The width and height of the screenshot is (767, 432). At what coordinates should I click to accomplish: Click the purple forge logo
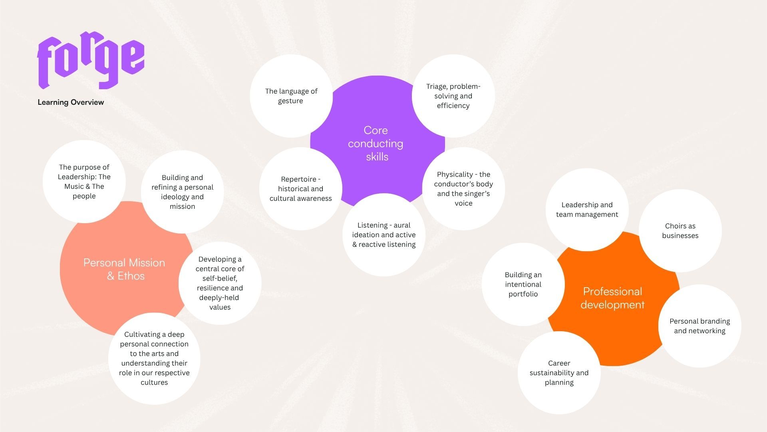(x=91, y=61)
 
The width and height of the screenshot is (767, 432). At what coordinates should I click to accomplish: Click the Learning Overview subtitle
(x=71, y=102)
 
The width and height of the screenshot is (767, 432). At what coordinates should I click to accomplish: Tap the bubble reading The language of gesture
(x=291, y=96)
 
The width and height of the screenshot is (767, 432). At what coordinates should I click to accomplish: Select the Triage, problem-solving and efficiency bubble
(x=453, y=96)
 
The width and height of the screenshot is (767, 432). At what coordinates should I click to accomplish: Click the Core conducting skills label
(x=376, y=143)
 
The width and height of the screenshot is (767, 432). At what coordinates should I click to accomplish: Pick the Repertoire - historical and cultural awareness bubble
(x=301, y=189)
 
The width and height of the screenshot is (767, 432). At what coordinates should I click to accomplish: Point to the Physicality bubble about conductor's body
(x=463, y=189)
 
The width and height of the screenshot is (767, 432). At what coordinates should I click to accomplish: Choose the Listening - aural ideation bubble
(x=384, y=235)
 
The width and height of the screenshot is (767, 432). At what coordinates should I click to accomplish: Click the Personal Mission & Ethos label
(x=125, y=269)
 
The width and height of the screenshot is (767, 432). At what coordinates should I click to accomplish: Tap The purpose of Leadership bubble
(x=84, y=182)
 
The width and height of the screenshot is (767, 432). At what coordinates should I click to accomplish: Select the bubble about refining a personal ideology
(x=182, y=192)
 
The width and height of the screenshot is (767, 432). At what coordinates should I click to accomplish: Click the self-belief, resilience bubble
(x=220, y=283)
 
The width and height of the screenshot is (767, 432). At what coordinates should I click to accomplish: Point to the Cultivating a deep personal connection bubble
(x=154, y=358)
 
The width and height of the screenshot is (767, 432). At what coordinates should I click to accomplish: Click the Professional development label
(x=612, y=298)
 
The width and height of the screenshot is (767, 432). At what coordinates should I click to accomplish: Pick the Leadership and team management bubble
(x=587, y=210)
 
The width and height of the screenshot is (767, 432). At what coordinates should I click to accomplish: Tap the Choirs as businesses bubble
(x=680, y=231)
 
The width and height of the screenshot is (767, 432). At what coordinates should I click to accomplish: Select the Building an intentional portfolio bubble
(x=523, y=284)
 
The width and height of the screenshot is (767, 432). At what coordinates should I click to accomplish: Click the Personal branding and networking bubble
(x=700, y=326)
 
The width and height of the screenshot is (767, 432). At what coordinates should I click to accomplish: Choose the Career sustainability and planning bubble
(x=559, y=373)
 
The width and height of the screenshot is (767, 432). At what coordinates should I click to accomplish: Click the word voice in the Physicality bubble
(x=463, y=203)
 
